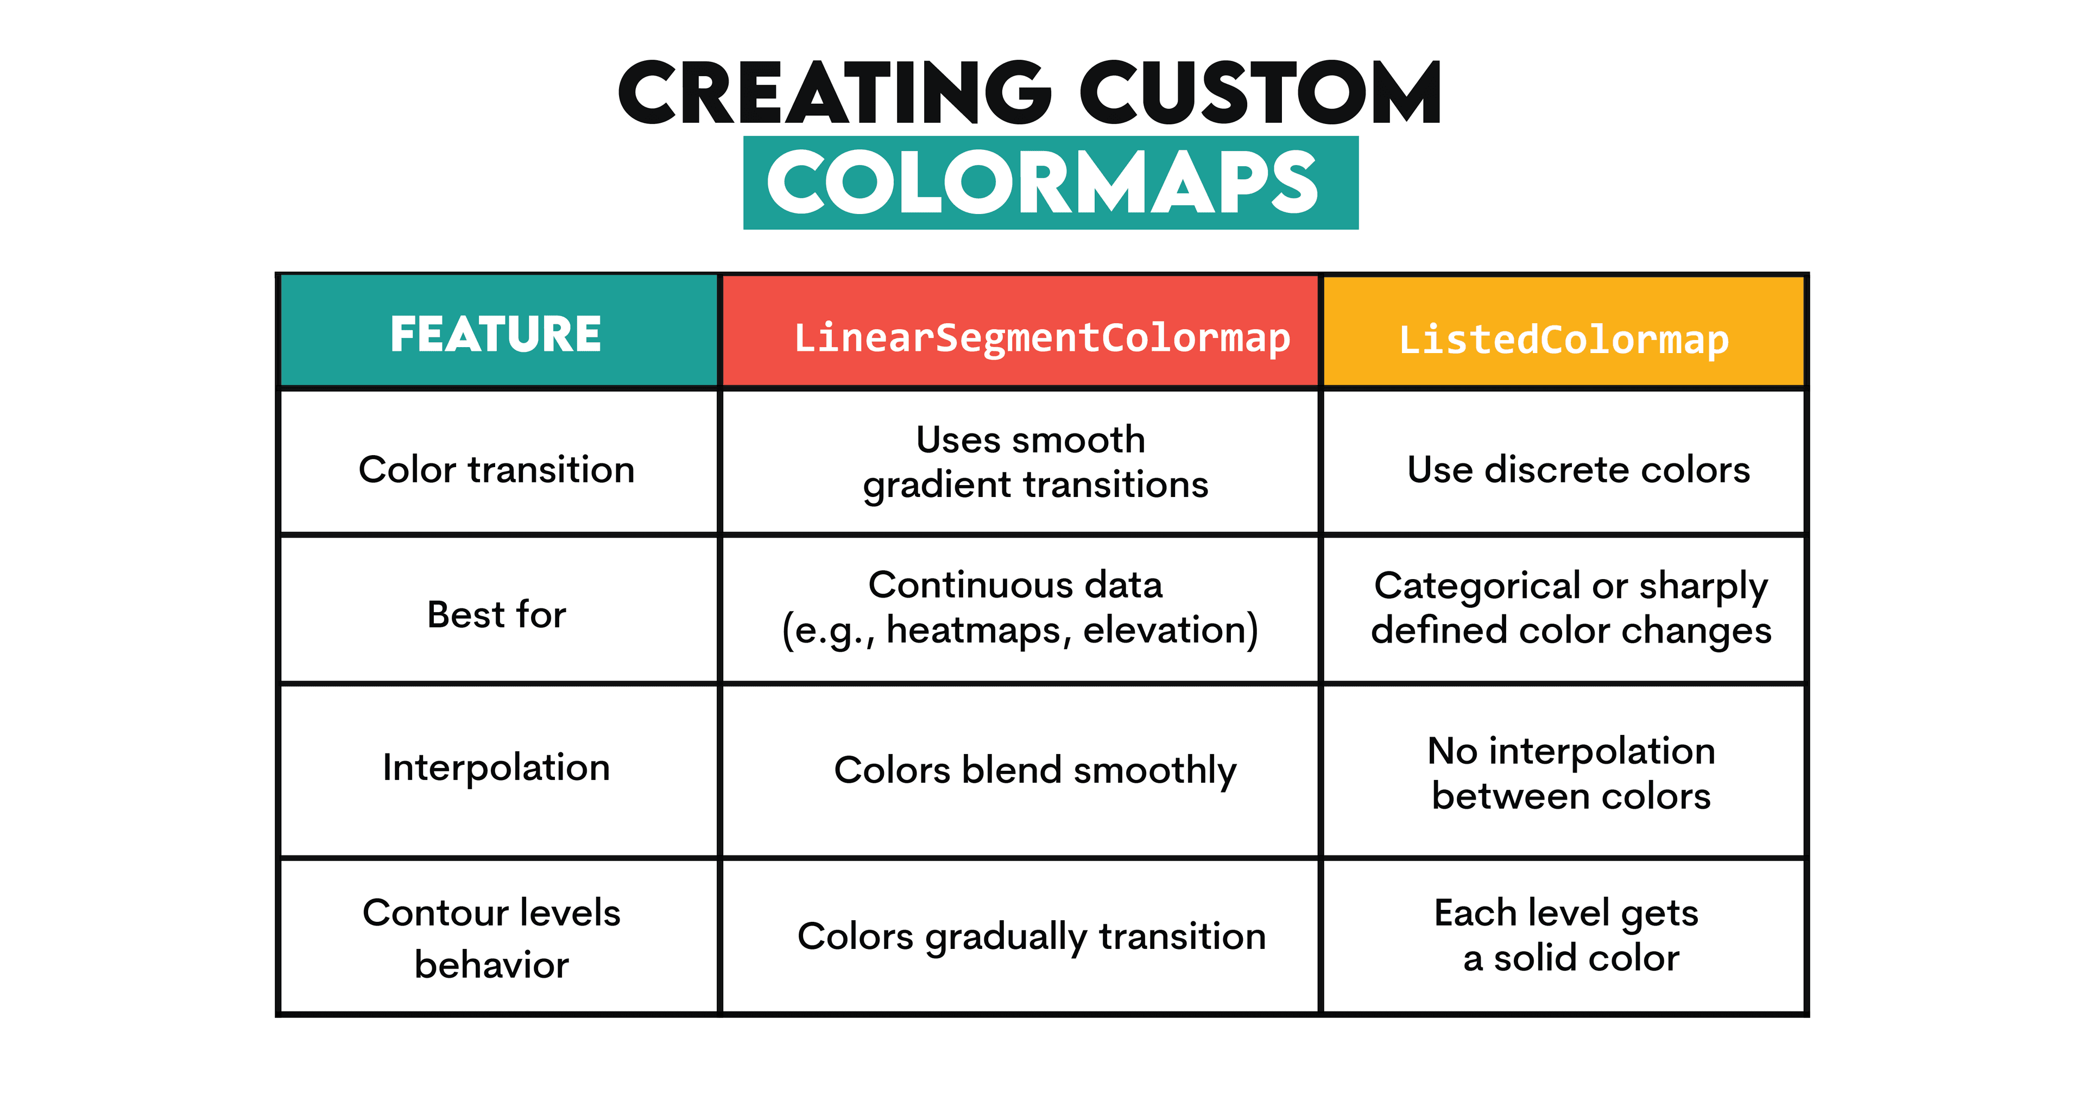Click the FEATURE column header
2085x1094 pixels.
tap(496, 334)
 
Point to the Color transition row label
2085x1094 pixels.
tap(496, 470)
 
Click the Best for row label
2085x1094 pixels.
tap(496, 614)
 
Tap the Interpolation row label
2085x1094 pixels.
tap(496, 768)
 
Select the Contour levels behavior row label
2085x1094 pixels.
tap(491, 938)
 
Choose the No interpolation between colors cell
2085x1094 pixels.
tap(1570, 774)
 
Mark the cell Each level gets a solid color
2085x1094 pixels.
tap(1568, 935)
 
